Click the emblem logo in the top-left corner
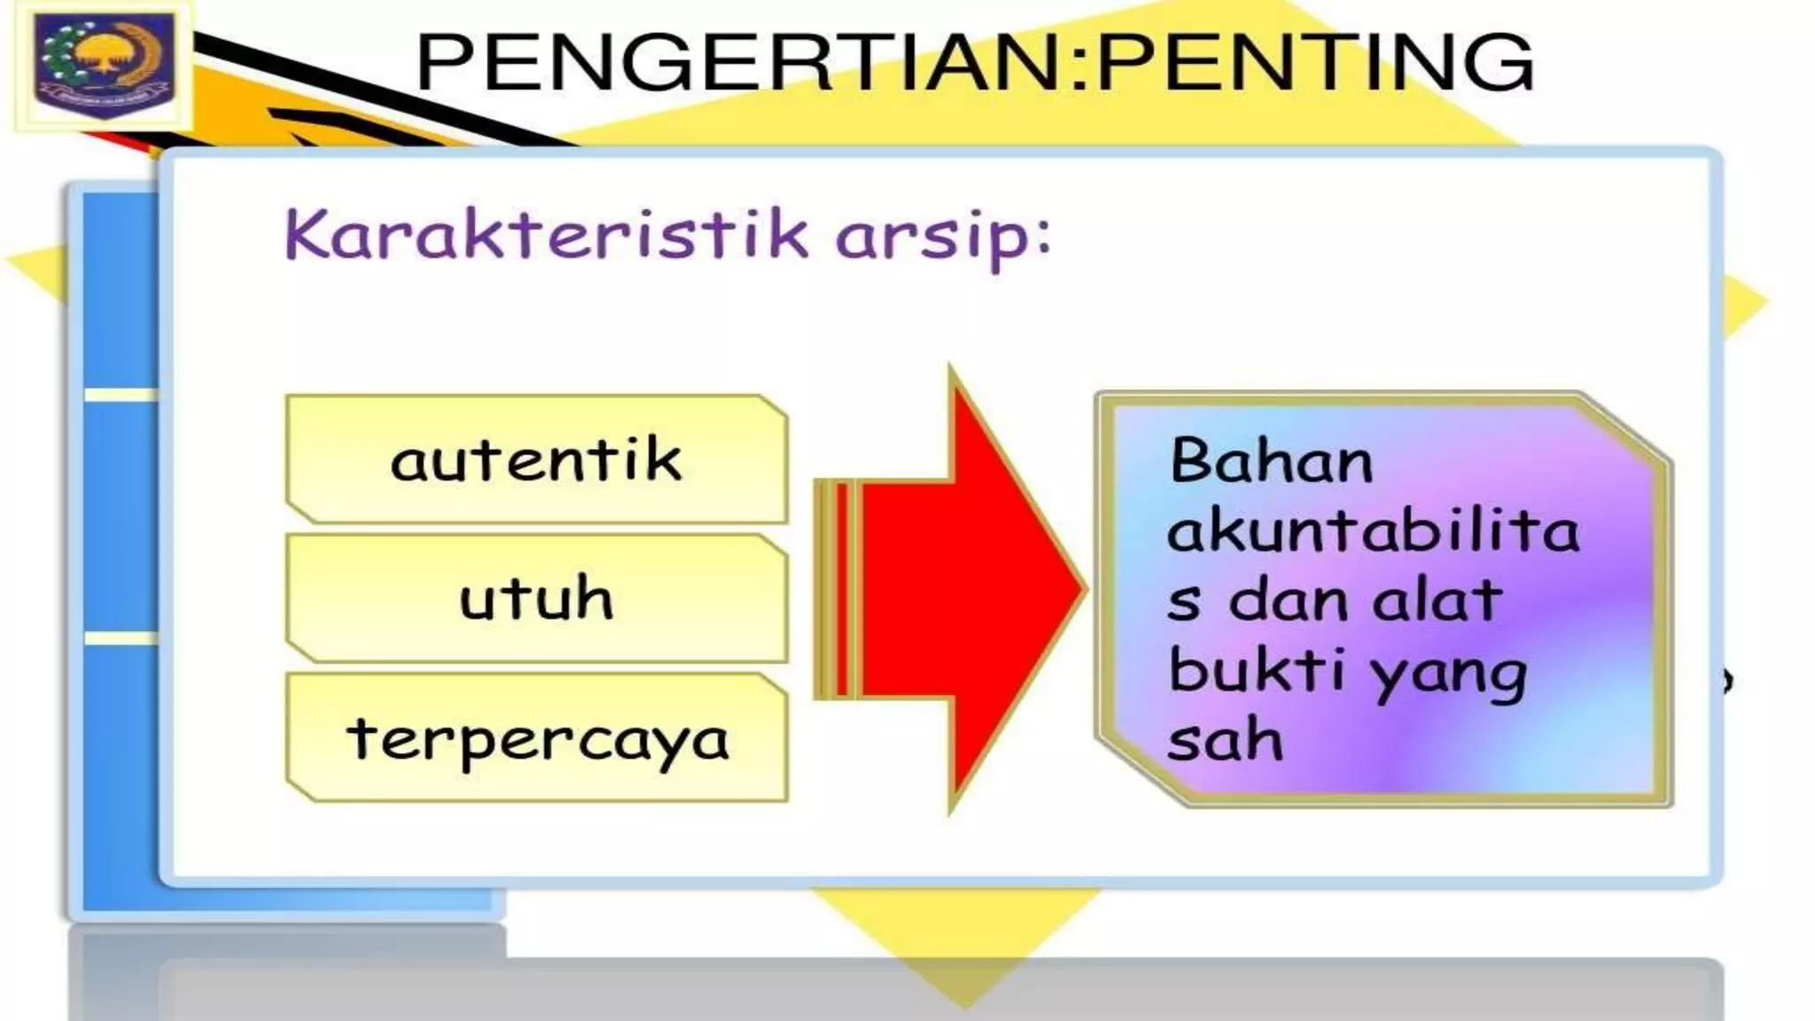[104, 63]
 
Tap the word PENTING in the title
[1316, 62]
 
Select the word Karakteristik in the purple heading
[546, 234]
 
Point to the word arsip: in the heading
[943, 238]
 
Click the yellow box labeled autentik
[537, 459]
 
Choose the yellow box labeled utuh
[537, 598]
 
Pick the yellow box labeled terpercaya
[537, 737]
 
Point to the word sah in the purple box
[1226, 739]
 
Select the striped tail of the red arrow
[837, 589]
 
